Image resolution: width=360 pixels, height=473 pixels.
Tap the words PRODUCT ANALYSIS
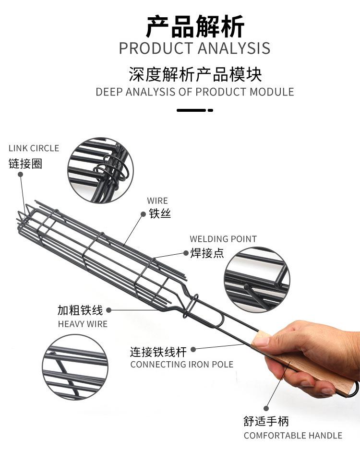click(194, 48)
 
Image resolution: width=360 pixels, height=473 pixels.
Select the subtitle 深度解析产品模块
click(195, 74)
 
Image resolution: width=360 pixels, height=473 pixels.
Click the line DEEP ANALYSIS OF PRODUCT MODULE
click(195, 92)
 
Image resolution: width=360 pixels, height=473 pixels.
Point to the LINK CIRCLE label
click(34, 148)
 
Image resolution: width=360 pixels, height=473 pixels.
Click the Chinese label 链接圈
click(25, 164)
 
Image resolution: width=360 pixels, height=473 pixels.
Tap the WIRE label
click(157, 201)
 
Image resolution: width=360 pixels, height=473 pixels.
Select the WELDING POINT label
click(223, 239)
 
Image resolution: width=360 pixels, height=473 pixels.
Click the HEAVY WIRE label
click(83, 324)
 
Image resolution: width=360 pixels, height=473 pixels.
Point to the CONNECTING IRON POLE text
click(182, 365)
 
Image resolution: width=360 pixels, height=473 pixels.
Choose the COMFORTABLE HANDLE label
click(293, 435)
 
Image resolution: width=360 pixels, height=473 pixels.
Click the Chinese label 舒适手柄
click(266, 421)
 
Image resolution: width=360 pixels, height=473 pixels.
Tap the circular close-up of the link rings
click(100, 170)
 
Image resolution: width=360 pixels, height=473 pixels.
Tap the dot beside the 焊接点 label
click(186, 253)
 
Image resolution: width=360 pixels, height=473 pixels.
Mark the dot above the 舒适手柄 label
click(266, 408)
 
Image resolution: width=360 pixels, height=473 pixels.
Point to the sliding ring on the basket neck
click(191, 305)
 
